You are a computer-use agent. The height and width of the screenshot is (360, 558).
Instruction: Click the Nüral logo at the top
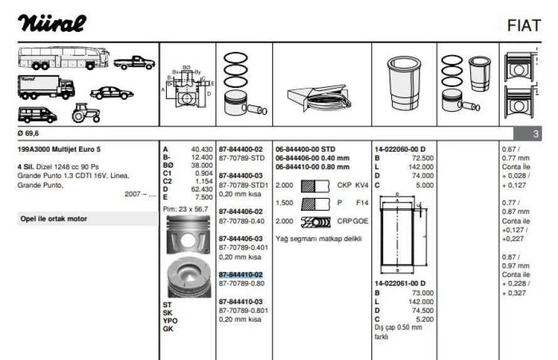coord(52,24)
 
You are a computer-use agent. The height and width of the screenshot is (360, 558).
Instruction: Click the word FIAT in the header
coord(525,26)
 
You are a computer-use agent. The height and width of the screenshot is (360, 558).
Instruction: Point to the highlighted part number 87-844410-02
coord(241,275)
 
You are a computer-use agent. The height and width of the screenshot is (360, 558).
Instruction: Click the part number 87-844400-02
coord(241,149)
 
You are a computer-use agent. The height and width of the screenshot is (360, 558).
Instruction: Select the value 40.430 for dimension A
coord(201,149)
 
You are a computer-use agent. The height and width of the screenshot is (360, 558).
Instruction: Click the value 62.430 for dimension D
coord(201,189)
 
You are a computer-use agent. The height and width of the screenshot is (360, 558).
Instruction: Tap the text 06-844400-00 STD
coord(305,149)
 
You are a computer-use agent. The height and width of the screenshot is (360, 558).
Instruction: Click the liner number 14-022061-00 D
coord(400,283)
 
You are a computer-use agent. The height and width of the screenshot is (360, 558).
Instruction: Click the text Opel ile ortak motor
coord(53,219)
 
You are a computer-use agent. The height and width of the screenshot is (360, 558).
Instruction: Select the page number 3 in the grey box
coord(535,134)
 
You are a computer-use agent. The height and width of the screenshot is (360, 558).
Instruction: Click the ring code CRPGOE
coord(353,221)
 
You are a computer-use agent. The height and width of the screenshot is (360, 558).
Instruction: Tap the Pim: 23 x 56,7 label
coord(186,209)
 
